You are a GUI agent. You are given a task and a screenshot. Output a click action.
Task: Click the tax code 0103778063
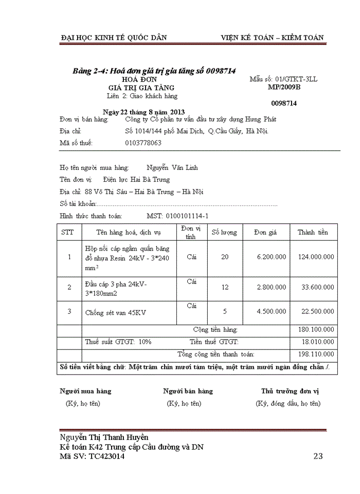coord(143,143)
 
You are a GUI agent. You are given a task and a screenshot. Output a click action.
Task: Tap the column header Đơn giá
coord(265,233)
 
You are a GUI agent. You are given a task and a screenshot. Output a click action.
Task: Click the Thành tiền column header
coord(313,233)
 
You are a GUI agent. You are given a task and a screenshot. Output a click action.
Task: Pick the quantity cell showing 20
coord(225,257)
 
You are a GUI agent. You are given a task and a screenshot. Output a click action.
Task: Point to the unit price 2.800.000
coord(272,287)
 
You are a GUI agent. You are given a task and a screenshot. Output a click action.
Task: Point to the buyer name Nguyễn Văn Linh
coord(172,168)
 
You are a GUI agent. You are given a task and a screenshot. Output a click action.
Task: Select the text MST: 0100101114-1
coord(177,216)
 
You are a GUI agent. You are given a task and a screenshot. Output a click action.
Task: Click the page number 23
coord(318,456)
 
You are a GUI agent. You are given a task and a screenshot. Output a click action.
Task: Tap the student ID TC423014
coord(106,456)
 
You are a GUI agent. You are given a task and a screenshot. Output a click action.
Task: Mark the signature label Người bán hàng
coord(188,391)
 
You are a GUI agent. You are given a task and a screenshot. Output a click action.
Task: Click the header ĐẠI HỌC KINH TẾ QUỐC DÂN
coord(114,38)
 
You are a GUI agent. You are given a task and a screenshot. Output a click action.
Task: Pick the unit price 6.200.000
coord(272,257)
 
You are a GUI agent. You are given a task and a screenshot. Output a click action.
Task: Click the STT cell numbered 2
coord(69,287)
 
